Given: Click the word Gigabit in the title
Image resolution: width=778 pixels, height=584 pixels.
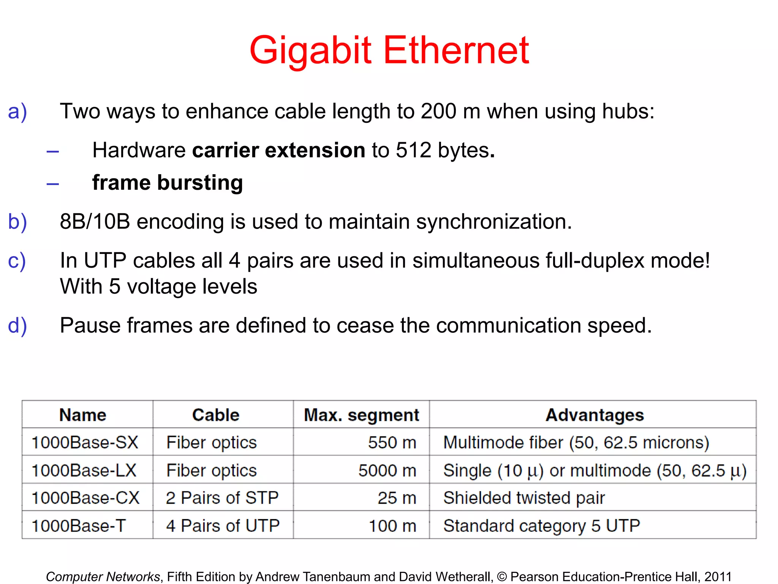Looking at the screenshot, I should click(310, 50).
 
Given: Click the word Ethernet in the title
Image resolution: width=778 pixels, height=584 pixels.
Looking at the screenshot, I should click(456, 50).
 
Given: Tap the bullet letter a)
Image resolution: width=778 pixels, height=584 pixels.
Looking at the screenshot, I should click(17, 112).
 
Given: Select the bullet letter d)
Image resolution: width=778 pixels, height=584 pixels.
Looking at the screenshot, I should click(17, 326).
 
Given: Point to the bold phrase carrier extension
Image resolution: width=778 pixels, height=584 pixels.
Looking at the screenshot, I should click(278, 150).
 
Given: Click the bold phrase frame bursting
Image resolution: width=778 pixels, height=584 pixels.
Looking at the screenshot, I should click(168, 183).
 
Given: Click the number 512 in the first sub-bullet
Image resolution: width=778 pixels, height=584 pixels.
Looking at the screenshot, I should click(413, 150).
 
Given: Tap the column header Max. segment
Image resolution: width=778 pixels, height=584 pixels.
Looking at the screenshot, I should click(361, 415).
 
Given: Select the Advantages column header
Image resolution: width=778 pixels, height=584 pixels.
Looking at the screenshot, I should click(595, 415).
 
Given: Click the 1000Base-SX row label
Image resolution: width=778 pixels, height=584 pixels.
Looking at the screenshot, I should click(85, 443).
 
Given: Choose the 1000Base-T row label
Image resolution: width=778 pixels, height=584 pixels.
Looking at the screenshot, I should click(78, 526).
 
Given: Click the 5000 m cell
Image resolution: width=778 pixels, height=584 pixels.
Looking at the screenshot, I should click(387, 470).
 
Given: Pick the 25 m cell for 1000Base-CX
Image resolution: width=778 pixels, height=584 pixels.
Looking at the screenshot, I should click(397, 498).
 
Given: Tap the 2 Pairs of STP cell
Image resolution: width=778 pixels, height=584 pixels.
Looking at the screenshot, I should click(222, 498).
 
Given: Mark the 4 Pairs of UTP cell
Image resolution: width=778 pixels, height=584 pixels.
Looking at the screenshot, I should click(223, 526).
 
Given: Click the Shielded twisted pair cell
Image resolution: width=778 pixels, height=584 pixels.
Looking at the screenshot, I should click(524, 498).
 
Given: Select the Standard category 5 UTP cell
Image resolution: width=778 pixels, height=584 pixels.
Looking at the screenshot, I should click(542, 526).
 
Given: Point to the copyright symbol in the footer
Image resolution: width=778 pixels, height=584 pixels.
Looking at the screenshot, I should click(502, 577).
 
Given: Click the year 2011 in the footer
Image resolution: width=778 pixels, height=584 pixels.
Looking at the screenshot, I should click(718, 577).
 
